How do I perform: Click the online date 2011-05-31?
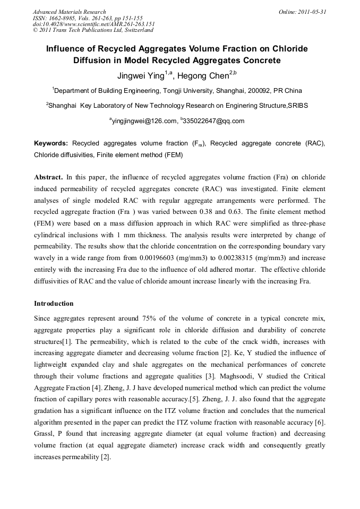coord(313,12)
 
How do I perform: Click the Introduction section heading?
coord(54,304)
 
